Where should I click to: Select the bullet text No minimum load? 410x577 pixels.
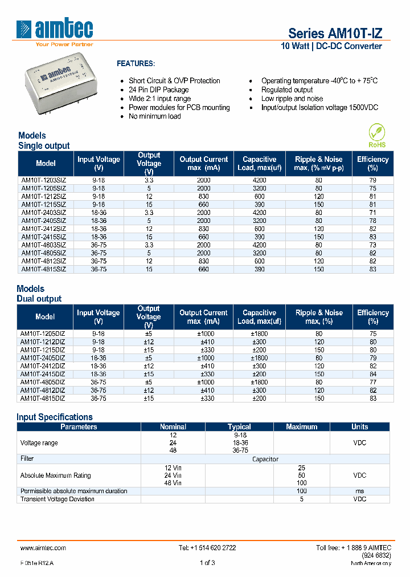(154, 116)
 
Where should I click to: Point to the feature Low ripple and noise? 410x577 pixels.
(292, 99)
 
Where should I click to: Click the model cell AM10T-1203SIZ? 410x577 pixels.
(44, 180)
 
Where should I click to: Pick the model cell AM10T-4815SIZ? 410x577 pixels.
(44, 269)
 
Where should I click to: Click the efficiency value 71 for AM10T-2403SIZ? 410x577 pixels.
(372, 212)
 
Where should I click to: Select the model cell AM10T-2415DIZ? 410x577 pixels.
(43, 375)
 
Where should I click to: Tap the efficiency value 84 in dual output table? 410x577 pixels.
(372, 375)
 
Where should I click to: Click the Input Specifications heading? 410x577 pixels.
(55, 417)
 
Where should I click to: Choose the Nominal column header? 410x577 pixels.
(173, 426)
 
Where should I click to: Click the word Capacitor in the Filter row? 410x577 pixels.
(265, 458)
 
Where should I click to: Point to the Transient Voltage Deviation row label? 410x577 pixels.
(58, 499)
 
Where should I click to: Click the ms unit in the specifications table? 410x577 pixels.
(359, 491)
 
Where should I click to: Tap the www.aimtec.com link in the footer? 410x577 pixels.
(43, 548)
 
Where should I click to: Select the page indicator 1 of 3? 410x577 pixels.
(207, 563)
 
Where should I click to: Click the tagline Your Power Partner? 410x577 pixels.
(64, 44)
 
